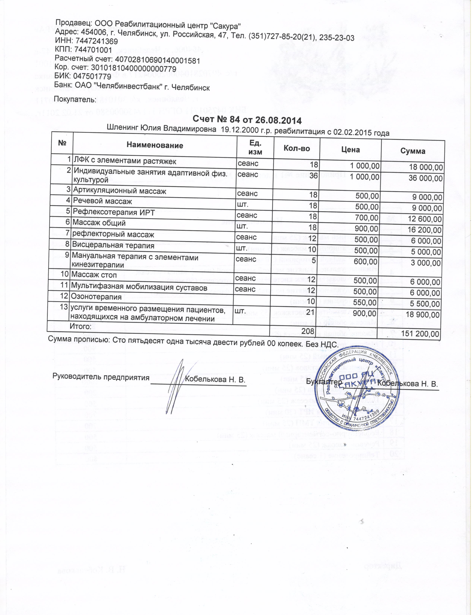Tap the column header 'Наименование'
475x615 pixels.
(155, 145)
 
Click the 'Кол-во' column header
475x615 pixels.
(297, 148)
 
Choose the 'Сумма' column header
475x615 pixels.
(413, 151)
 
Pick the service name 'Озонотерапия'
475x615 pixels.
(96, 297)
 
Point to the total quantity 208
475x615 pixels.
(308, 331)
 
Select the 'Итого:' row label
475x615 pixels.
(80, 326)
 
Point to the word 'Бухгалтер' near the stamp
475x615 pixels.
(323, 382)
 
